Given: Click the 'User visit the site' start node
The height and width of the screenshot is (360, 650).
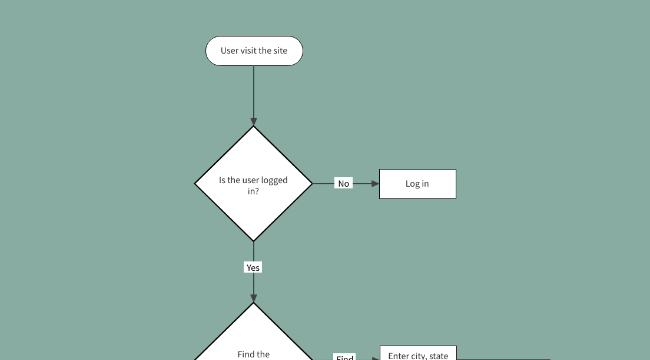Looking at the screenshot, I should [x=254, y=51].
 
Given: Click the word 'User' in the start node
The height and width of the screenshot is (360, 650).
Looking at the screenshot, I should [x=230, y=51].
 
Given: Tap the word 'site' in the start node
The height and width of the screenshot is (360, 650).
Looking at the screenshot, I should [x=278, y=51].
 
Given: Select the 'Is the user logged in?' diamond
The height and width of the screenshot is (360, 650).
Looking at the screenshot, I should [x=254, y=184].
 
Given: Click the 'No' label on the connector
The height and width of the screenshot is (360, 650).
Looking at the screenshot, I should [x=343, y=184].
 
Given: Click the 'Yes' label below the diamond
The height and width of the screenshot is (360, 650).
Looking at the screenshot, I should [x=253, y=268].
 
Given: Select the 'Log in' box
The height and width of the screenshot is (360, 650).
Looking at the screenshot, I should [x=417, y=184].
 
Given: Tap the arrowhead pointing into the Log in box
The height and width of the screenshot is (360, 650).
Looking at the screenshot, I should [x=374, y=184].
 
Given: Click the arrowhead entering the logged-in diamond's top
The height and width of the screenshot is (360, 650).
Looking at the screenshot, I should [x=254, y=121].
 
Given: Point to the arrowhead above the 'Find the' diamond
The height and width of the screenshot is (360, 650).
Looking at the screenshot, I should [x=254, y=298].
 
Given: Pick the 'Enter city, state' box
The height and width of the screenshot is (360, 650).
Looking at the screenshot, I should [x=417, y=354].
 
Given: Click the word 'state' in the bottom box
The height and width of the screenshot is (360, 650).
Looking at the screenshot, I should [x=437, y=355].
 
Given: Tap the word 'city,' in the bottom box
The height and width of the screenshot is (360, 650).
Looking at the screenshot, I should [x=413, y=355].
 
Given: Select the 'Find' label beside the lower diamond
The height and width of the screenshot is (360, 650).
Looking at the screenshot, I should [x=344, y=357].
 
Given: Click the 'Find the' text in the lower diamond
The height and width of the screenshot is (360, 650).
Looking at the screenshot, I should [x=253, y=354].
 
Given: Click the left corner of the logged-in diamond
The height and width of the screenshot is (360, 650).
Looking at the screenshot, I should [x=195, y=184].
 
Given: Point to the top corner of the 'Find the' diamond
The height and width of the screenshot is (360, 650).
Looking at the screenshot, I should [x=254, y=305].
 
